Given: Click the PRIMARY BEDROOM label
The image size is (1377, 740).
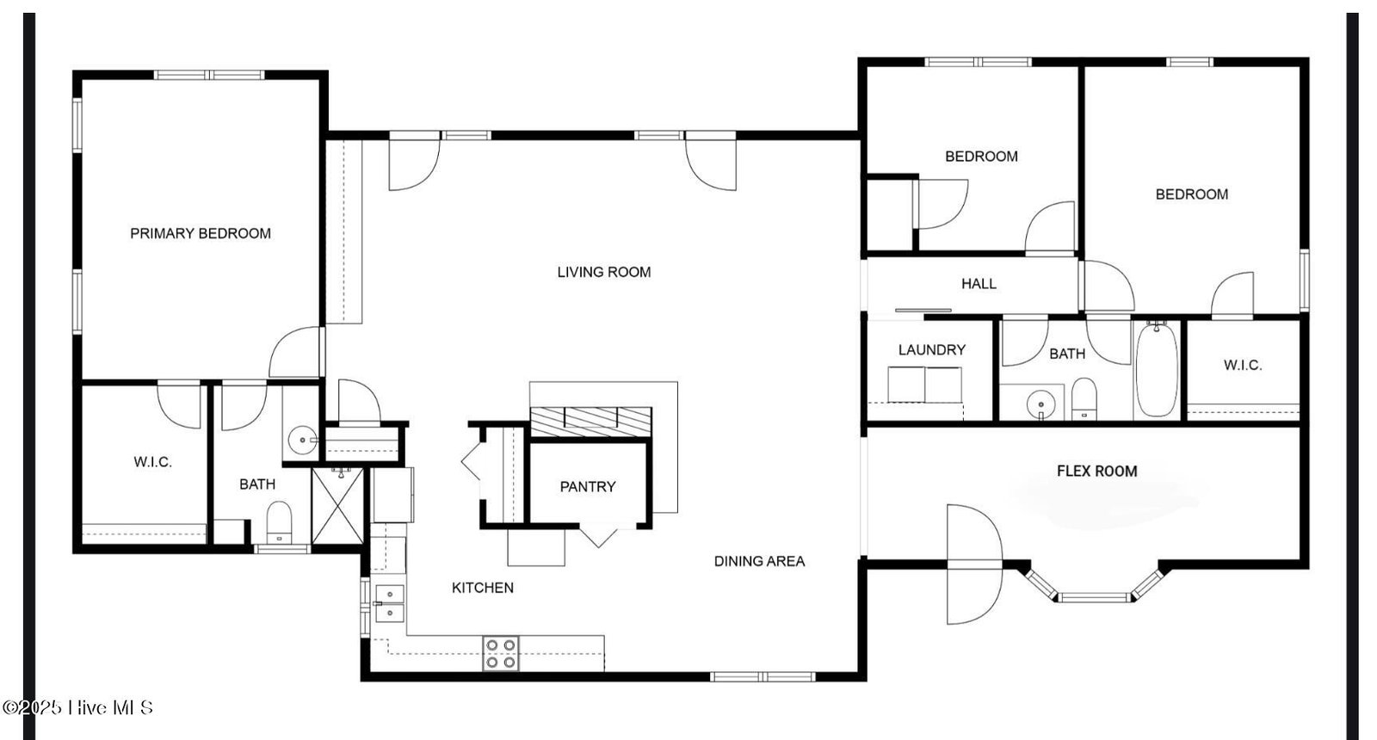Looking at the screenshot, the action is coord(201,233).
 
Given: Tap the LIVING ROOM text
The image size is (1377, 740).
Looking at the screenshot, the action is coord(604,272).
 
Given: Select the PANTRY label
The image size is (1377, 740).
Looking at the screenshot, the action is coord(588,487).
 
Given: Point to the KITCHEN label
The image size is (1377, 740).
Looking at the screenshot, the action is coord(483,588).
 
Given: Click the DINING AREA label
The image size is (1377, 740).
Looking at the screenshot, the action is coord(759,561).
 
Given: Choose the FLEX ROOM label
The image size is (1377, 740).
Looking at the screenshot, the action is coord(1097,472).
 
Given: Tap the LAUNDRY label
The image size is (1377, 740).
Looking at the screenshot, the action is coord(932,350).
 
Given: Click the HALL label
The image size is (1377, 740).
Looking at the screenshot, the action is coord(979,284).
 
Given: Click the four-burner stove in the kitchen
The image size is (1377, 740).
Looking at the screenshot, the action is coord(500,653).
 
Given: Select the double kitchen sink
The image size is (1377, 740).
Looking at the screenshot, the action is coord(390,603).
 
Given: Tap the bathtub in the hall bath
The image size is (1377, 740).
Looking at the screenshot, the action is coord(1157,370).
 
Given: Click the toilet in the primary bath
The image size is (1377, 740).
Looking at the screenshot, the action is coord(279,522).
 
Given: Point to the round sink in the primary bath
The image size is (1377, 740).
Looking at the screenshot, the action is coord(302,440).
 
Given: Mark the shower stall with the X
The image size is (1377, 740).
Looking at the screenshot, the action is coord(338,506).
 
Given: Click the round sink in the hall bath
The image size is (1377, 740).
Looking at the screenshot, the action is coord(1040,405).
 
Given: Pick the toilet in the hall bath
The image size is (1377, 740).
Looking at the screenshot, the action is coord(1084,399).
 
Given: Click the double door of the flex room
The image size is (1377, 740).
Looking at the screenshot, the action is coord(975,564).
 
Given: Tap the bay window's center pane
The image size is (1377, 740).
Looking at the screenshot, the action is coord(1094,597).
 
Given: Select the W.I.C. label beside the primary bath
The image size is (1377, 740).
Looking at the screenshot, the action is coord(152,462).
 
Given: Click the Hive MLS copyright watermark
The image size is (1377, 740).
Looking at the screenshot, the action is coord(77,707).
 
